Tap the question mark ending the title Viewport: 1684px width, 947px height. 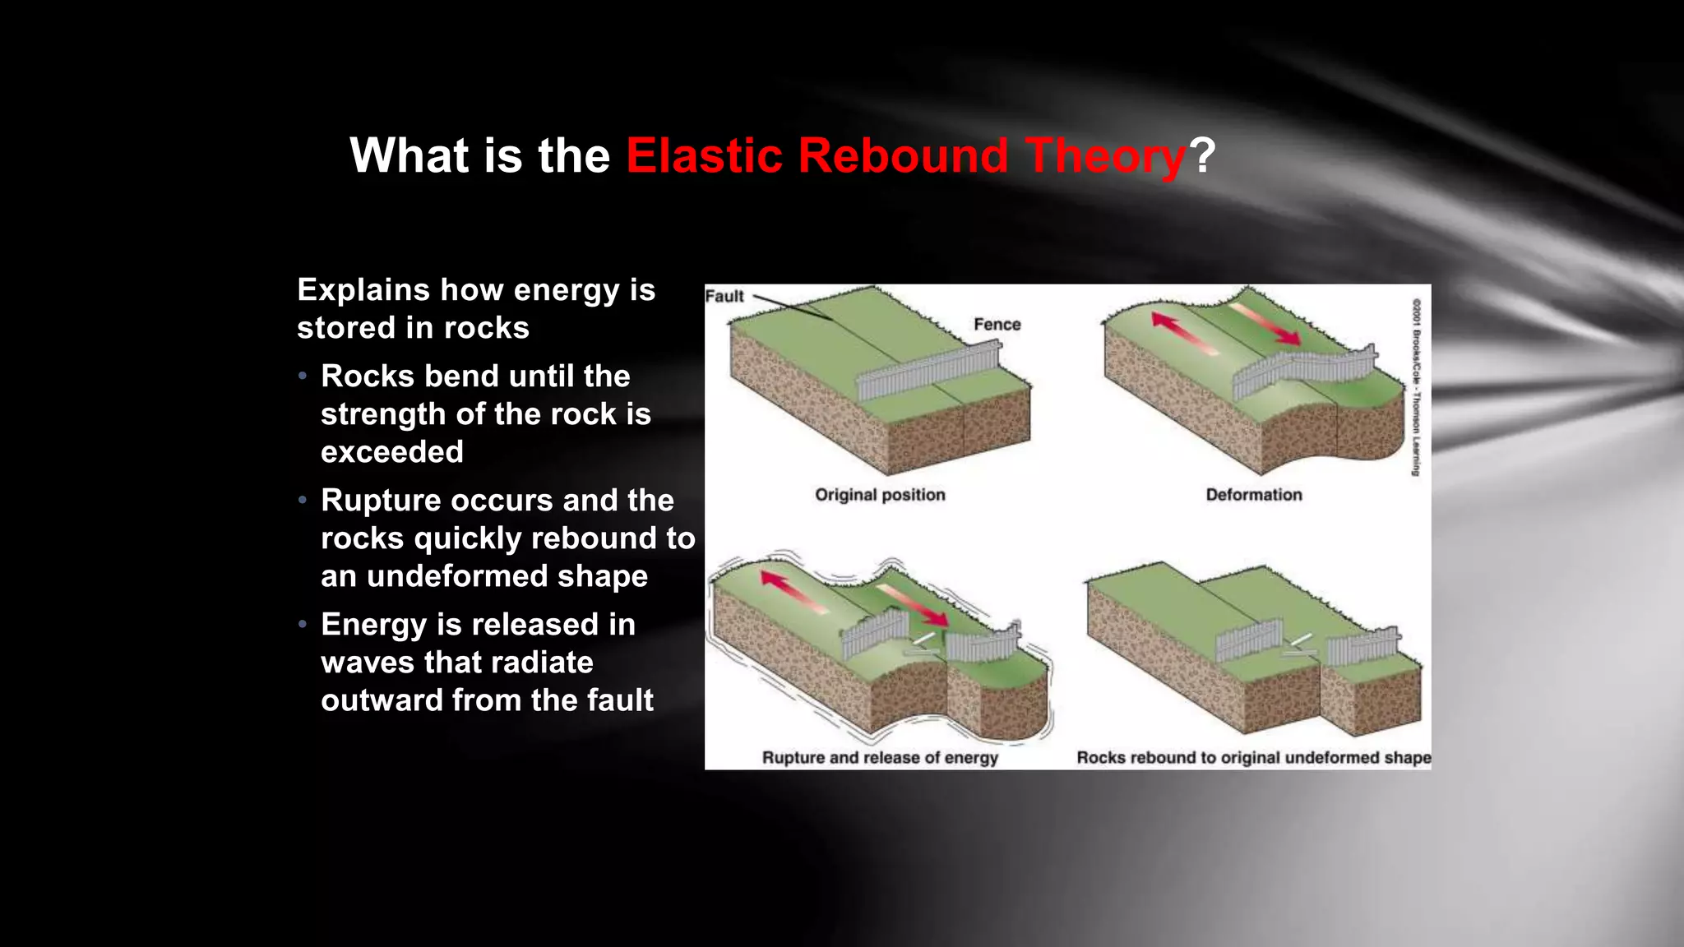click(1202, 155)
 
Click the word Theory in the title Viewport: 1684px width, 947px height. click(1105, 155)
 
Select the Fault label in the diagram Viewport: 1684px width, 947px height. click(724, 296)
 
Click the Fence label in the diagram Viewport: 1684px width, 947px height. click(997, 324)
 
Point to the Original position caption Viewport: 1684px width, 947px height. click(880, 495)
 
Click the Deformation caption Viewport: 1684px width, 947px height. click(1253, 495)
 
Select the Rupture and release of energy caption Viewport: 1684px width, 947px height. click(880, 757)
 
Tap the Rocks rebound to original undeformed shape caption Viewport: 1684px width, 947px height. click(1253, 757)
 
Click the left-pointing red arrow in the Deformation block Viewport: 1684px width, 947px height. click(1184, 333)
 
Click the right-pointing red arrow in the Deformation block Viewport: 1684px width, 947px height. click(1266, 325)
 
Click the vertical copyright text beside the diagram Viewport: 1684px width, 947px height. click(1416, 386)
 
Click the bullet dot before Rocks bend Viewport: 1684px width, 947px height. click(303, 376)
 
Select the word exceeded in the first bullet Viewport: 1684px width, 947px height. click(392, 451)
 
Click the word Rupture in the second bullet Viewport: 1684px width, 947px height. click(379, 500)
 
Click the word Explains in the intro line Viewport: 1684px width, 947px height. click(363, 289)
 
